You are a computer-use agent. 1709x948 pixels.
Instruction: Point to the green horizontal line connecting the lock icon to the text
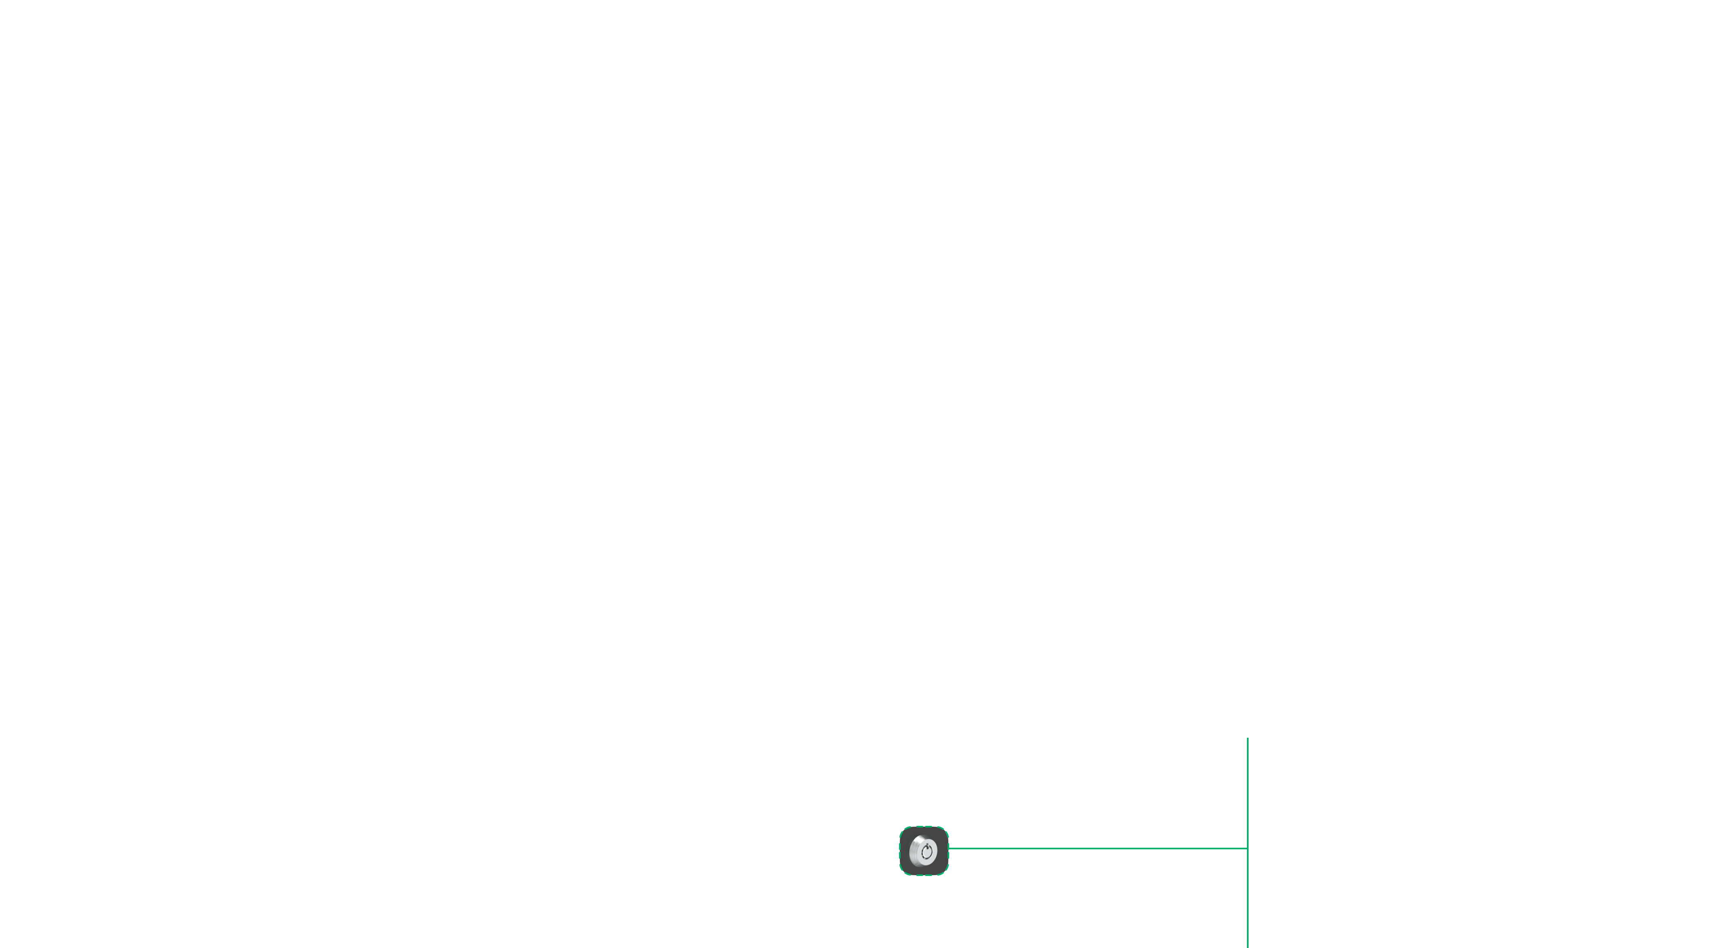pos(1098,848)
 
